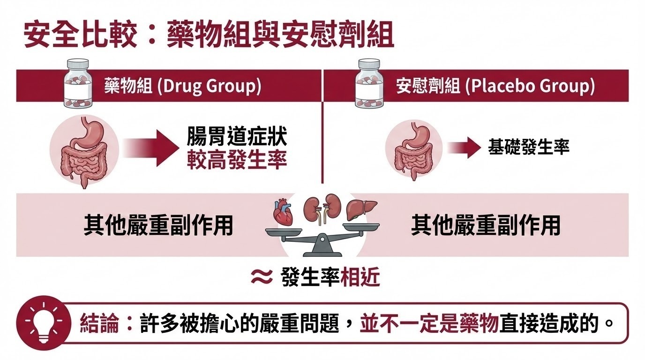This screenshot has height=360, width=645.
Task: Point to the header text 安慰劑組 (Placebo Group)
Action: click(495, 87)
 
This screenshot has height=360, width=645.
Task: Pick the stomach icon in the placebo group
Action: click(413, 149)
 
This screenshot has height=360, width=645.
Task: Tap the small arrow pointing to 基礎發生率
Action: click(465, 148)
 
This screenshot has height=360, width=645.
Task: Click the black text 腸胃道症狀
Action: click(237, 138)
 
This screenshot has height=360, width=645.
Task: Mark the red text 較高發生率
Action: click(237, 161)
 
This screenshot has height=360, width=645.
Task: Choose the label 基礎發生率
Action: click(528, 148)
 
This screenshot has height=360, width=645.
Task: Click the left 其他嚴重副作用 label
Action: click(158, 225)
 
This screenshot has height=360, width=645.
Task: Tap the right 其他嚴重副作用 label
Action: click(485, 225)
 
